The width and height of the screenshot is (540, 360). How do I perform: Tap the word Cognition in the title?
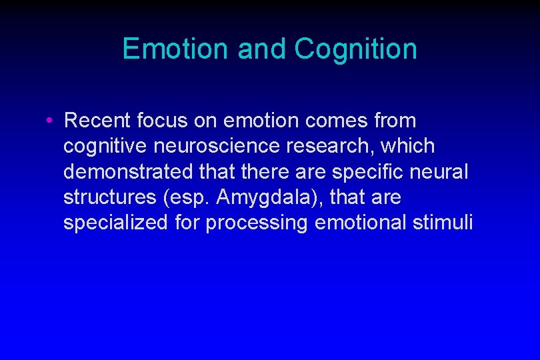click(355, 49)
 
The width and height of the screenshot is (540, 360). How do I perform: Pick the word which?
click(408, 146)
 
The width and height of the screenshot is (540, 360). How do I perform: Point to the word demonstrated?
click(127, 171)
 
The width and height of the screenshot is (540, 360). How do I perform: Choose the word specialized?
click(115, 222)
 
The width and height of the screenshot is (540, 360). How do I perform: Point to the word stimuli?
click(442, 222)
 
